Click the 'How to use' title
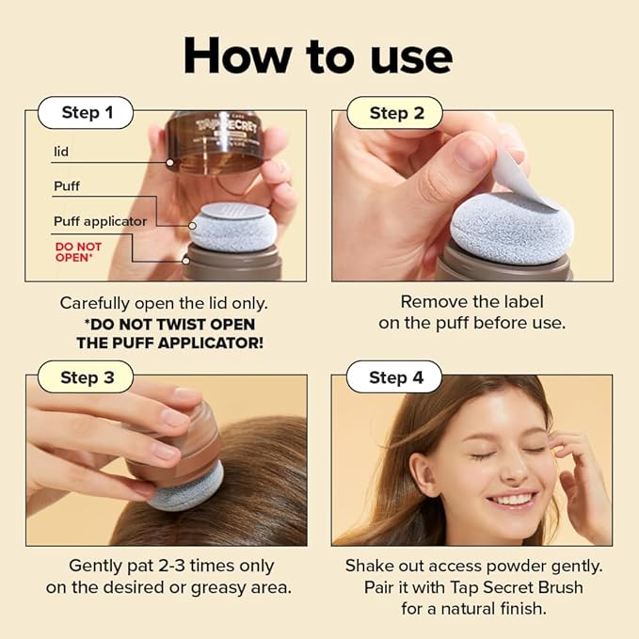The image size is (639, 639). [318, 56]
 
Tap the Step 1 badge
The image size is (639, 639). [87, 113]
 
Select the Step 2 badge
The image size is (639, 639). [396, 113]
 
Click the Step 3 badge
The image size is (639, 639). [87, 377]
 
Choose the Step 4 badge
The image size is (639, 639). [396, 377]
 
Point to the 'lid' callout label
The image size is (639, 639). [61, 151]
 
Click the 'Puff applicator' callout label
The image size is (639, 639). [100, 221]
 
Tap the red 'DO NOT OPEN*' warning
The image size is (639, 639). [78, 251]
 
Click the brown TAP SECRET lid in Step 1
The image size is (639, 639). [215, 142]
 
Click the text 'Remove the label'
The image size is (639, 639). [471, 302]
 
